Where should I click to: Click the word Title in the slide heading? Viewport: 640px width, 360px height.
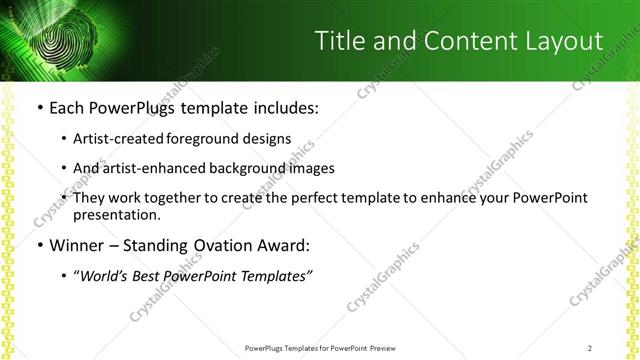(x=339, y=41)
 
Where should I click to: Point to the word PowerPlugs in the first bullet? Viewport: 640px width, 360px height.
(x=128, y=107)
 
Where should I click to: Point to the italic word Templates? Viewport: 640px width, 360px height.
(x=274, y=275)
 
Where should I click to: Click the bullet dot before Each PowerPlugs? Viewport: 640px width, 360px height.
(x=39, y=107)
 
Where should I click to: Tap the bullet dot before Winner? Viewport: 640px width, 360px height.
(x=39, y=245)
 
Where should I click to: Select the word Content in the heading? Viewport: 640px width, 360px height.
(x=459, y=41)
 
